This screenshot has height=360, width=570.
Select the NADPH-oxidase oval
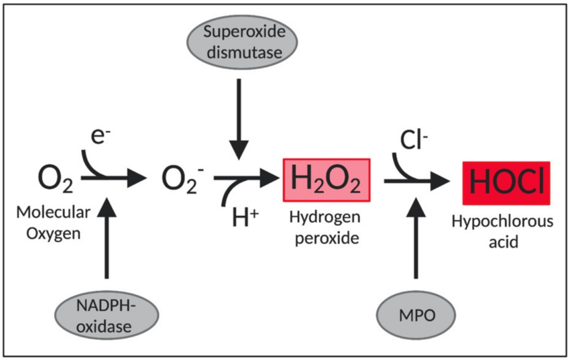click(106, 314)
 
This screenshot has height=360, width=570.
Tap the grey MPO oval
click(415, 314)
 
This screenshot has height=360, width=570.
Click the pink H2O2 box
click(327, 180)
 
